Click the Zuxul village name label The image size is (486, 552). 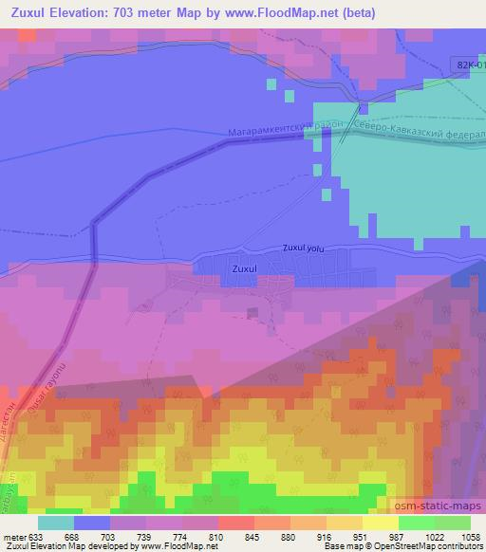(244, 269)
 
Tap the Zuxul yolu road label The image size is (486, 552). (304, 248)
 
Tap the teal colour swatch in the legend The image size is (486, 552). (56, 522)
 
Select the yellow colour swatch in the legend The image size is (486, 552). (381, 522)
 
